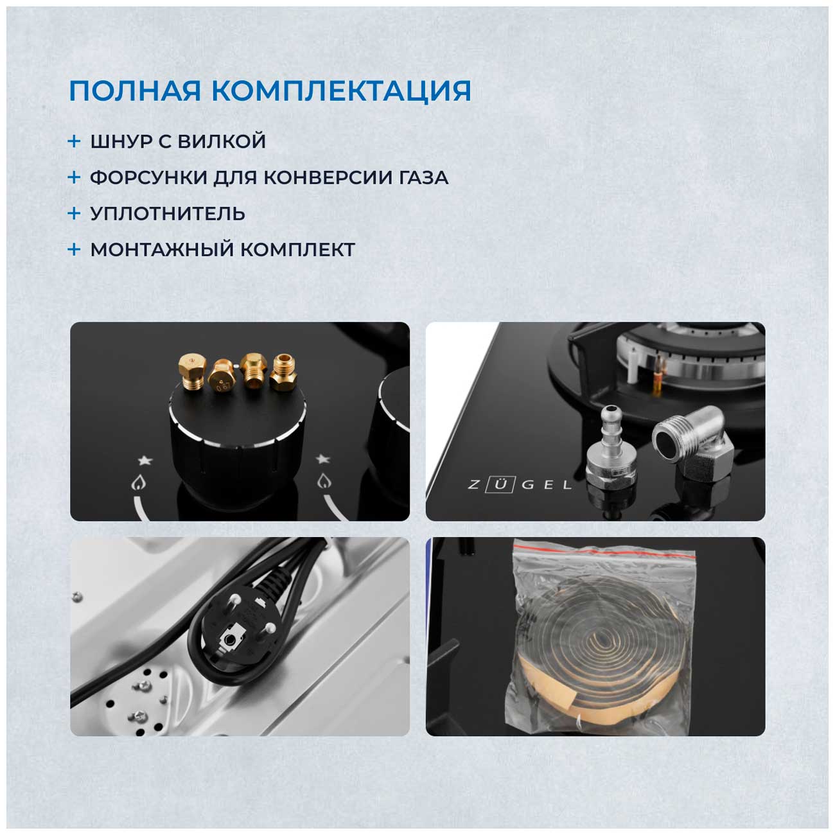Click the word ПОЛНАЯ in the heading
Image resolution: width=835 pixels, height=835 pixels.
click(x=135, y=91)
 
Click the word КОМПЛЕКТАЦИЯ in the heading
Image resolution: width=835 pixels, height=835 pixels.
click(x=341, y=92)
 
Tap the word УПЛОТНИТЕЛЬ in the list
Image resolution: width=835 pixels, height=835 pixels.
click(x=167, y=214)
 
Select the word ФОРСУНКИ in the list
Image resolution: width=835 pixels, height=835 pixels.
click(x=148, y=178)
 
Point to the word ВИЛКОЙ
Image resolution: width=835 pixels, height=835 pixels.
click(x=222, y=141)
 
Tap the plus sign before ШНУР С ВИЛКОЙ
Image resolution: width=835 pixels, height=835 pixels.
click(x=74, y=141)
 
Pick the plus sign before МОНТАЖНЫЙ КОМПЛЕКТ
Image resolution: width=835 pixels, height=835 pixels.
click(x=74, y=249)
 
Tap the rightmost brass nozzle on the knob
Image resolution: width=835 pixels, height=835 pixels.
click(x=283, y=373)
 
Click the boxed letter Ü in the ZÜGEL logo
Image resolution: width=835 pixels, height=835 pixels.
click(x=500, y=485)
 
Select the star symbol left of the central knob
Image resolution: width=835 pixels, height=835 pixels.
click(x=145, y=460)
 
